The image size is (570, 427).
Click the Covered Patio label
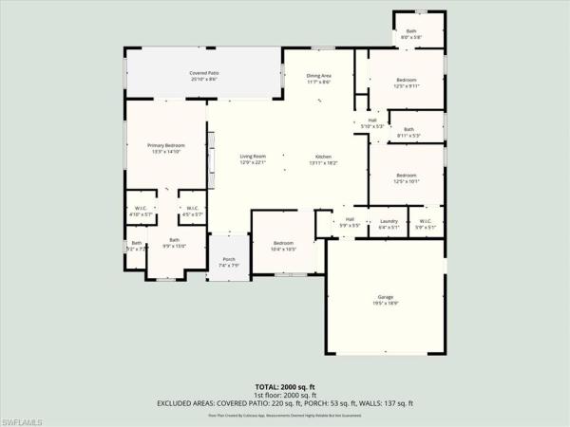coord(203,73)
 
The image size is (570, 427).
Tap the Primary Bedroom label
coord(165,145)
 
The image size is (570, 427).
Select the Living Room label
coord(252,157)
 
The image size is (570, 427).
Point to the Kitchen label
coord(323,157)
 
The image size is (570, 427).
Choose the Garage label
coord(385,298)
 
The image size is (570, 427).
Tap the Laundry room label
coord(388,221)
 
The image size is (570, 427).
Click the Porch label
coord(229,259)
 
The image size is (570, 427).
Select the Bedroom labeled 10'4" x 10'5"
coord(284,243)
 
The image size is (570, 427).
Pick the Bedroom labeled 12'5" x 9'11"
coord(407,80)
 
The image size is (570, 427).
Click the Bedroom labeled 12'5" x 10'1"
coord(407,175)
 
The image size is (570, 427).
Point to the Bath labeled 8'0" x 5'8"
coord(411,31)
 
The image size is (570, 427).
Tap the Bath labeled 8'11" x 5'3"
coord(408,130)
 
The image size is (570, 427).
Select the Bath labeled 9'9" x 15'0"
coord(174,240)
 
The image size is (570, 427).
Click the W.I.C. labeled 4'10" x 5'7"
coord(141,209)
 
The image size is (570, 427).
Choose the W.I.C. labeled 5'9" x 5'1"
coord(425,221)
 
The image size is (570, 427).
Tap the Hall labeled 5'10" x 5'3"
coord(372,120)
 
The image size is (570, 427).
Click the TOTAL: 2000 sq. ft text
coord(285,387)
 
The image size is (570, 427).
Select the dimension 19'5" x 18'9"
coord(385,304)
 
